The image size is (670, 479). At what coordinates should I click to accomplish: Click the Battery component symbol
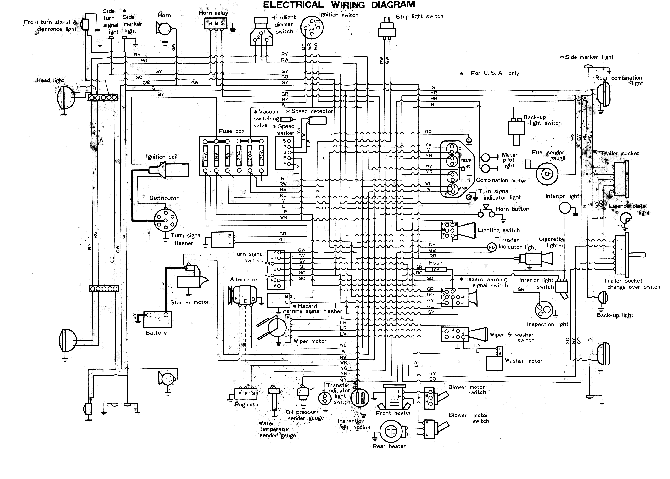pos(157,319)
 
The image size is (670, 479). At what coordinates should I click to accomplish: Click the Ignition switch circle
pos(311,27)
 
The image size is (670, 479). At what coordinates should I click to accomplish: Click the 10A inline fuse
pos(435,269)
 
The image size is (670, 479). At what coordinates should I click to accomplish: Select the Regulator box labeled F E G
pos(246,393)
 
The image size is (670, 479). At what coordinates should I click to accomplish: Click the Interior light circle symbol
pos(565,208)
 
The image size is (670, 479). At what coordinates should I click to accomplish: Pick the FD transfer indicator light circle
pos(492,247)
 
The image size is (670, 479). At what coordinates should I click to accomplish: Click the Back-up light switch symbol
pos(516,129)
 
